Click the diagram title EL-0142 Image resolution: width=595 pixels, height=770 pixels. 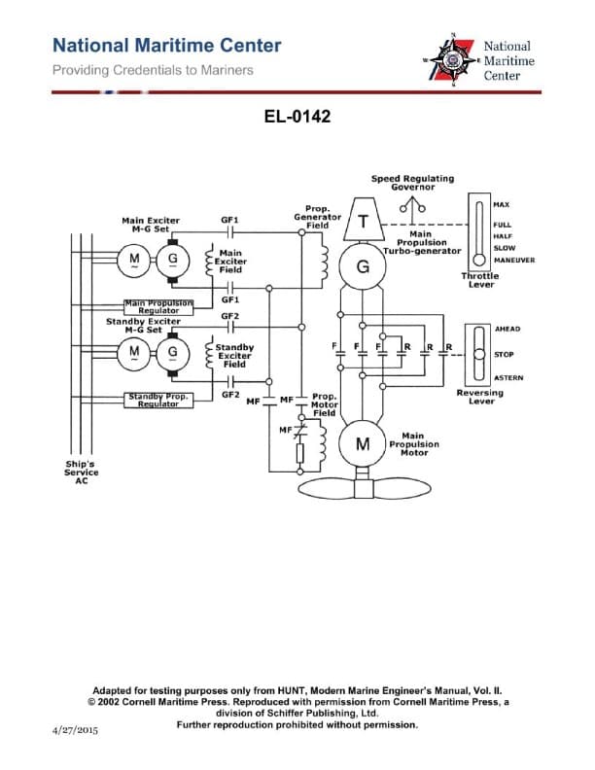[297, 118]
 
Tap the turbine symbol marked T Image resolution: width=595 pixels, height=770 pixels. [362, 223]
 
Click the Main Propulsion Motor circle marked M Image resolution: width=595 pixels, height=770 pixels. [362, 444]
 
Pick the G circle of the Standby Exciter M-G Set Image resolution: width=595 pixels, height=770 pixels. [173, 351]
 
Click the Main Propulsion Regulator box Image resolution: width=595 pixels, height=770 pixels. [158, 306]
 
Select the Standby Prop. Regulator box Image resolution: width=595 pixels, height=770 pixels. [157, 399]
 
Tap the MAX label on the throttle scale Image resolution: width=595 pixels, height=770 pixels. [502, 205]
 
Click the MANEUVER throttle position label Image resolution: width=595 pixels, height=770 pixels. [513, 260]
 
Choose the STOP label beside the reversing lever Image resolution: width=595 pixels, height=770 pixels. [504, 355]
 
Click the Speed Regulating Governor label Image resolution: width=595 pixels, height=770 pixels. [412, 183]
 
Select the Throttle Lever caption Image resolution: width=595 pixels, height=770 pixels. [479, 279]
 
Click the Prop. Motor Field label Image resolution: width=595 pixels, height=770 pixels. [325, 404]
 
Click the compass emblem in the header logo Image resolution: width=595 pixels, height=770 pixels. [453, 59]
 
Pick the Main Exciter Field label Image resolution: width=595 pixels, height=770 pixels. [230, 262]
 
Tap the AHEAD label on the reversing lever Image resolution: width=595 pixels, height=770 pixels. [507, 329]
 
